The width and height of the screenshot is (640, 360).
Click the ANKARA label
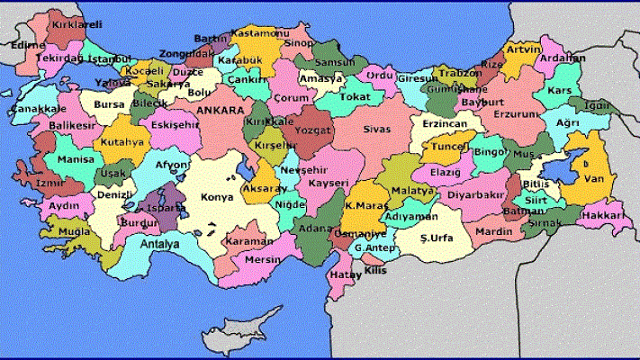(220, 110)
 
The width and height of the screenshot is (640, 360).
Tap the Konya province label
(217, 197)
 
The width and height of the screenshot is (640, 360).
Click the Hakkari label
(602, 216)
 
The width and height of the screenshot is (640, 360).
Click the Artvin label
(523, 49)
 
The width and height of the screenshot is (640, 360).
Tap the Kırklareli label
(76, 27)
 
